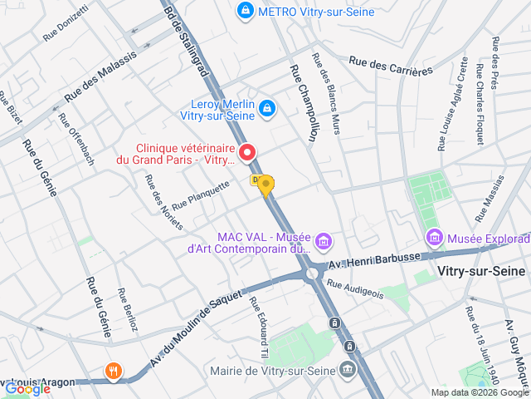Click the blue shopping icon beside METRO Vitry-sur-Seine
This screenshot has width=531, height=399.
[245, 12]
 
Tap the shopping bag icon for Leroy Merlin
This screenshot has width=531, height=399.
[266, 108]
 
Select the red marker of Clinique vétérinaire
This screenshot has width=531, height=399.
[247, 152]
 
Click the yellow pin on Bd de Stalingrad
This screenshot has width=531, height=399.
[265, 185]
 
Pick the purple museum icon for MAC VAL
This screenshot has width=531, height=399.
[324, 242]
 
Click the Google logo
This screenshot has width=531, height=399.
[27, 387]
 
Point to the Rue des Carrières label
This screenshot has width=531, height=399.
[391, 66]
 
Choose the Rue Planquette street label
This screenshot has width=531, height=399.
[200, 197]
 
